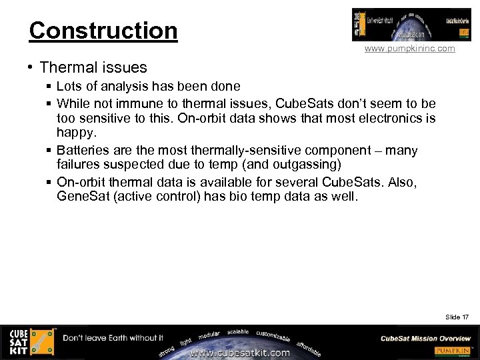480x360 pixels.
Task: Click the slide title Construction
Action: pyautogui.click(x=103, y=31)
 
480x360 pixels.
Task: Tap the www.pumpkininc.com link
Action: pyautogui.click(x=409, y=49)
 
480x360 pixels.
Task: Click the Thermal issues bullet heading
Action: pyautogui.click(x=93, y=67)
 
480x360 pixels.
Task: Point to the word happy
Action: pyautogui.click(x=75, y=133)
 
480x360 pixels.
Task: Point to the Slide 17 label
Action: pyautogui.click(x=457, y=317)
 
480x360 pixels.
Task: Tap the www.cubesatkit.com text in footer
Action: pyautogui.click(x=241, y=353)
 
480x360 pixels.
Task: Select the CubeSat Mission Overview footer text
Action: pyautogui.click(x=425, y=338)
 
